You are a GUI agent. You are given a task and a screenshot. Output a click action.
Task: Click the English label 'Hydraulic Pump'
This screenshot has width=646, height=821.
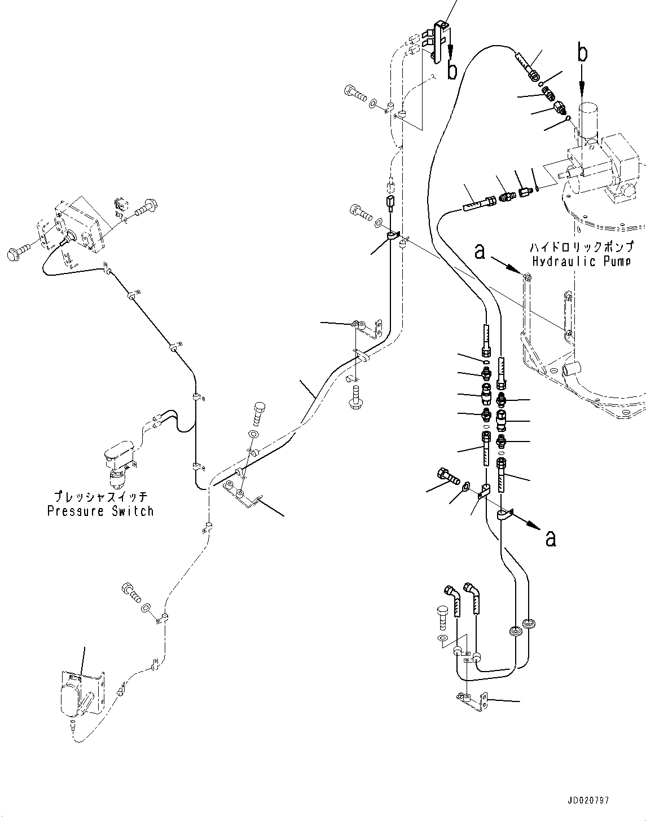pos(581,261)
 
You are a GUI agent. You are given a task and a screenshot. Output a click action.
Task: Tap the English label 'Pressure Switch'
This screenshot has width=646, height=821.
pos(100,511)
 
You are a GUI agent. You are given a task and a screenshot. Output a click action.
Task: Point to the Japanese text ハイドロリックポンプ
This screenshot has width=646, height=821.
pos(582,247)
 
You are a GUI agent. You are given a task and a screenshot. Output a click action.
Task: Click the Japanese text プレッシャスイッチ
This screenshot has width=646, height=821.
pos(100,496)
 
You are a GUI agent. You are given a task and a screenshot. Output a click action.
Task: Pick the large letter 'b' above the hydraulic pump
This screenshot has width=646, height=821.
pos(583,53)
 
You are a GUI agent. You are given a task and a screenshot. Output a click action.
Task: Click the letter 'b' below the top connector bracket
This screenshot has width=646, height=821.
pos(452,71)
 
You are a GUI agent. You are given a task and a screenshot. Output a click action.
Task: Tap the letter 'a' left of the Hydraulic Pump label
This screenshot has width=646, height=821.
pos(480,252)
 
